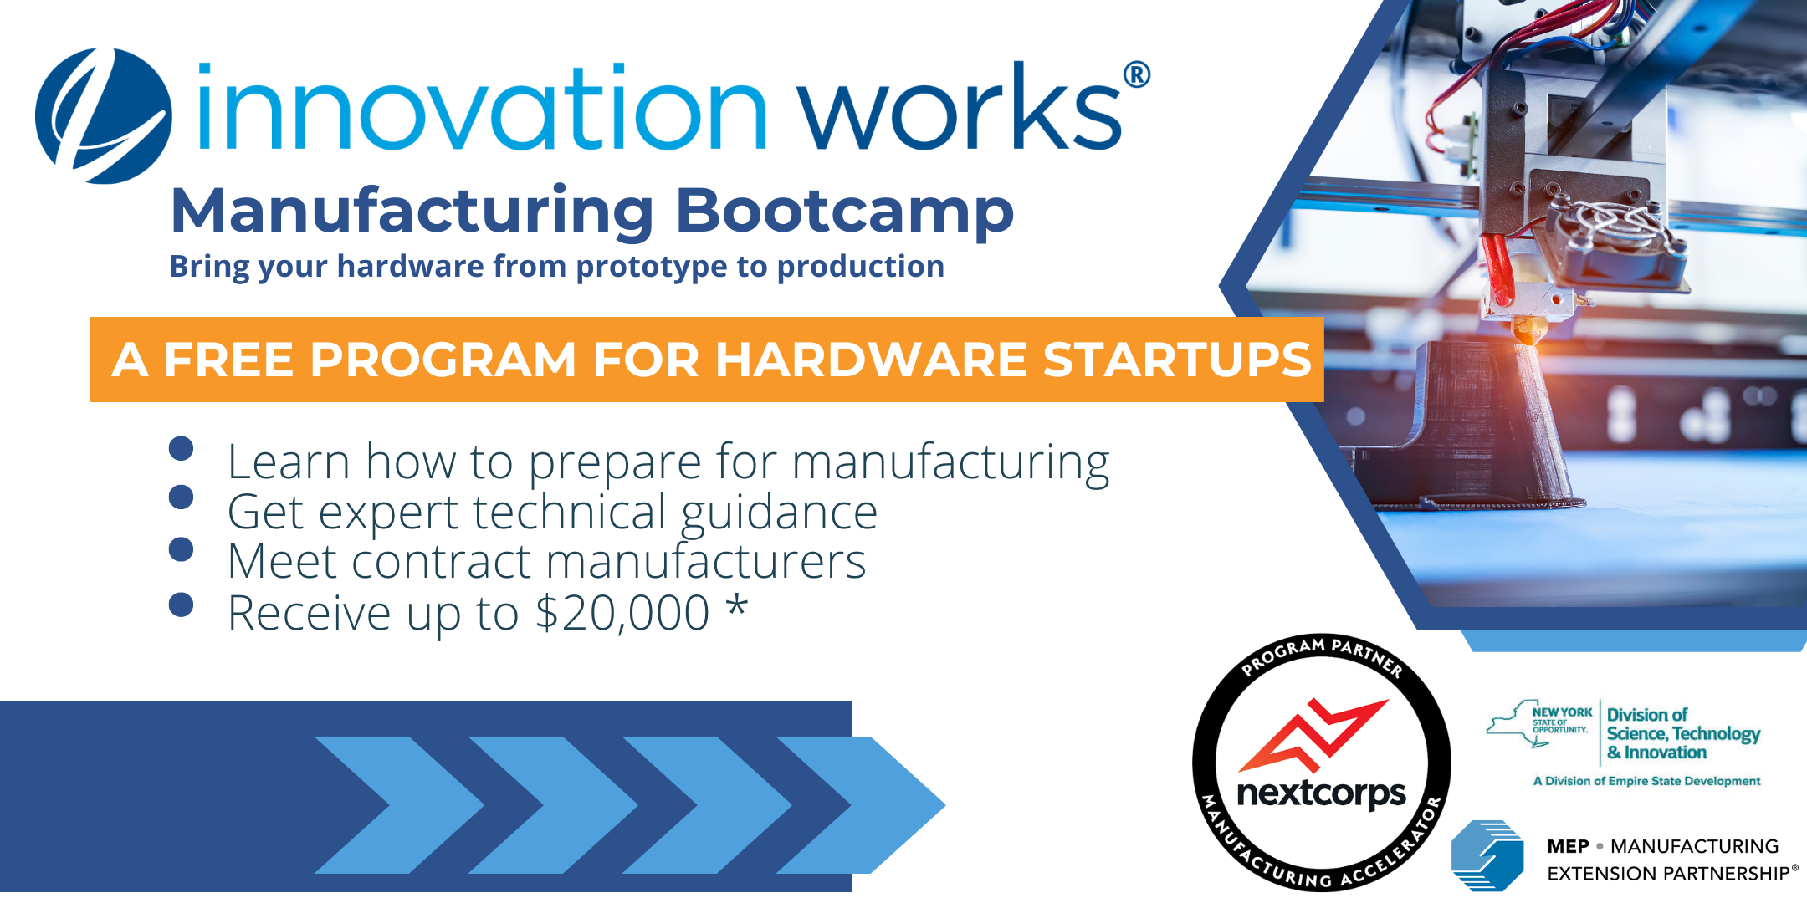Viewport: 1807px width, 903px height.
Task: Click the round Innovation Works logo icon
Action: click(x=104, y=115)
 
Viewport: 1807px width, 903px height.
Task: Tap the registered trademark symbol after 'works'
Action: click(x=1136, y=75)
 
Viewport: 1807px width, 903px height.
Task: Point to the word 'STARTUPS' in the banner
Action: click(x=1177, y=360)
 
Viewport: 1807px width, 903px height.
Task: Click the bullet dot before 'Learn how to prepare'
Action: click(x=181, y=449)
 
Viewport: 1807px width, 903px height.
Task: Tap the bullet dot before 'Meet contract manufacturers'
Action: click(x=181, y=549)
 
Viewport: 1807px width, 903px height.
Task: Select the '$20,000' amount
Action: click(x=622, y=613)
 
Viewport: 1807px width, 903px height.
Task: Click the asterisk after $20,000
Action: click(x=736, y=606)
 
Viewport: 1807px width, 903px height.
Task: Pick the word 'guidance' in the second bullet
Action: click(x=779, y=512)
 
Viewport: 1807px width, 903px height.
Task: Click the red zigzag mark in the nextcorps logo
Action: click(x=1311, y=736)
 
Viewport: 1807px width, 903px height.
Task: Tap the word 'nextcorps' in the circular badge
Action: click(x=1321, y=793)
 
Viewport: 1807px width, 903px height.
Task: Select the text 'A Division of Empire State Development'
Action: click(x=1646, y=781)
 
